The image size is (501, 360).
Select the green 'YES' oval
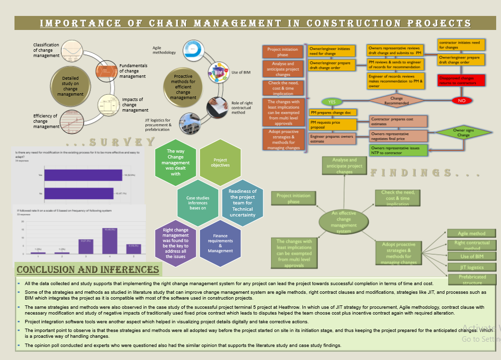click(x=332, y=102)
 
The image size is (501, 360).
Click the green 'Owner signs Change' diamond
click(x=463, y=132)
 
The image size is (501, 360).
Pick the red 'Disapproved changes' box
click(x=461, y=80)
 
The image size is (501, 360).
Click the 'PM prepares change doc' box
click(x=332, y=113)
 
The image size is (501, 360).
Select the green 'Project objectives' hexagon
click(x=220, y=162)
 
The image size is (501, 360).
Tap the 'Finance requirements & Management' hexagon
click(x=220, y=244)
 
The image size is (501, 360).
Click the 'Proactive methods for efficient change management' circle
click(x=183, y=87)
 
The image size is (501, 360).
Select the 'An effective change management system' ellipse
click(x=344, y=222)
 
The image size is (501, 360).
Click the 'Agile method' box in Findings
click(x=472, y=233)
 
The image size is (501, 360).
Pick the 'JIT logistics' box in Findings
click(x=472, y=267)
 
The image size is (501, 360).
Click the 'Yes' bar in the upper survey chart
click(x=83, y=175)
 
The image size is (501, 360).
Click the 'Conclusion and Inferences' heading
click(x=87, y=270)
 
